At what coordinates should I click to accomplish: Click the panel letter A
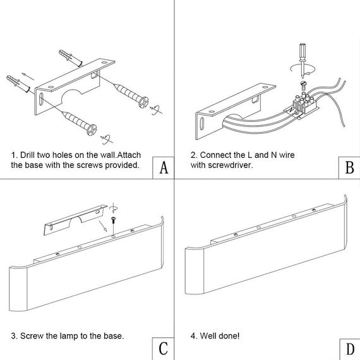click(164, 167)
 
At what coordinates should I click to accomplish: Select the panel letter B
click(349, 167)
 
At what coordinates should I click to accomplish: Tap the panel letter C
click(163, 349)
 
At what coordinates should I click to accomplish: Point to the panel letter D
click(350, 349)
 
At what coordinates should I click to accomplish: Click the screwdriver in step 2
click(303, 60)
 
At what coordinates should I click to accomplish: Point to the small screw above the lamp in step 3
click(113, 220)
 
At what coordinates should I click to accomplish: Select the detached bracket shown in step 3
click(75, 220)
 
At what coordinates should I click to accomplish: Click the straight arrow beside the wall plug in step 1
click(28, 76)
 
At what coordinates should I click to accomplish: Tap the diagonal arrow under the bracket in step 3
click(102, 226)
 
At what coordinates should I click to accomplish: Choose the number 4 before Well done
click(193, 336)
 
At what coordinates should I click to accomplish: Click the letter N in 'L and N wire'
click(274, 155)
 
